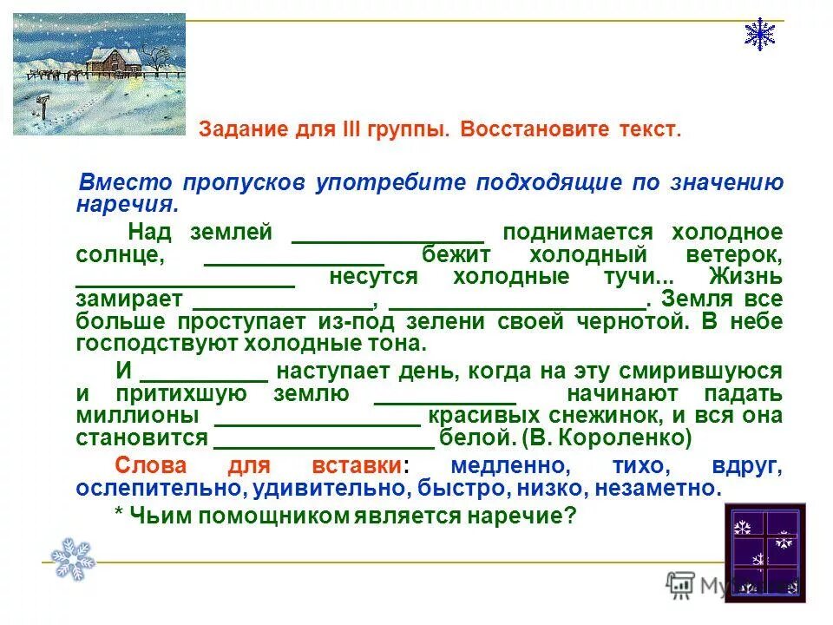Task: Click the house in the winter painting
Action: click(x=113, y=60)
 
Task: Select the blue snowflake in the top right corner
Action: click(x=760, y=33)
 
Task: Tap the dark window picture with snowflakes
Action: click(x=765, y=553)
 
